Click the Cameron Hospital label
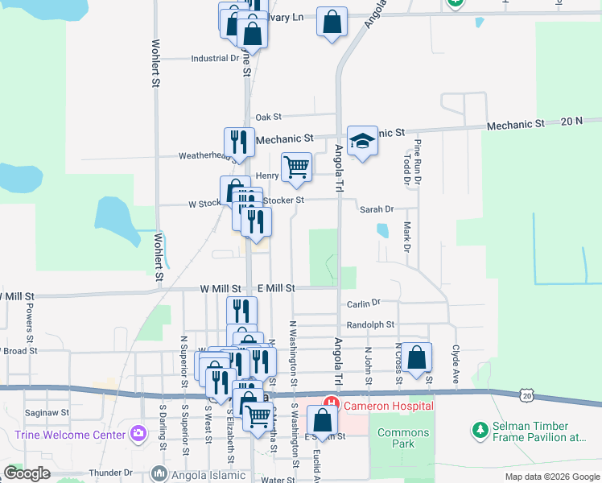click(x=388, y=405)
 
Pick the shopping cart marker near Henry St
click(x=296, y=167)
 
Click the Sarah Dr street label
click(x=376, y=209)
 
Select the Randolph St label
click(x=370, y=325)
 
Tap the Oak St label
click(x=268, y=118)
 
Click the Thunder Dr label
click(x=110, y=473)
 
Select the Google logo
click(x=27, y=473)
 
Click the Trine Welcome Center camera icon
click(x=138, y=435)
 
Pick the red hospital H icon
click(x=329, y=404)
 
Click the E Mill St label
click(x=277, y=287)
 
